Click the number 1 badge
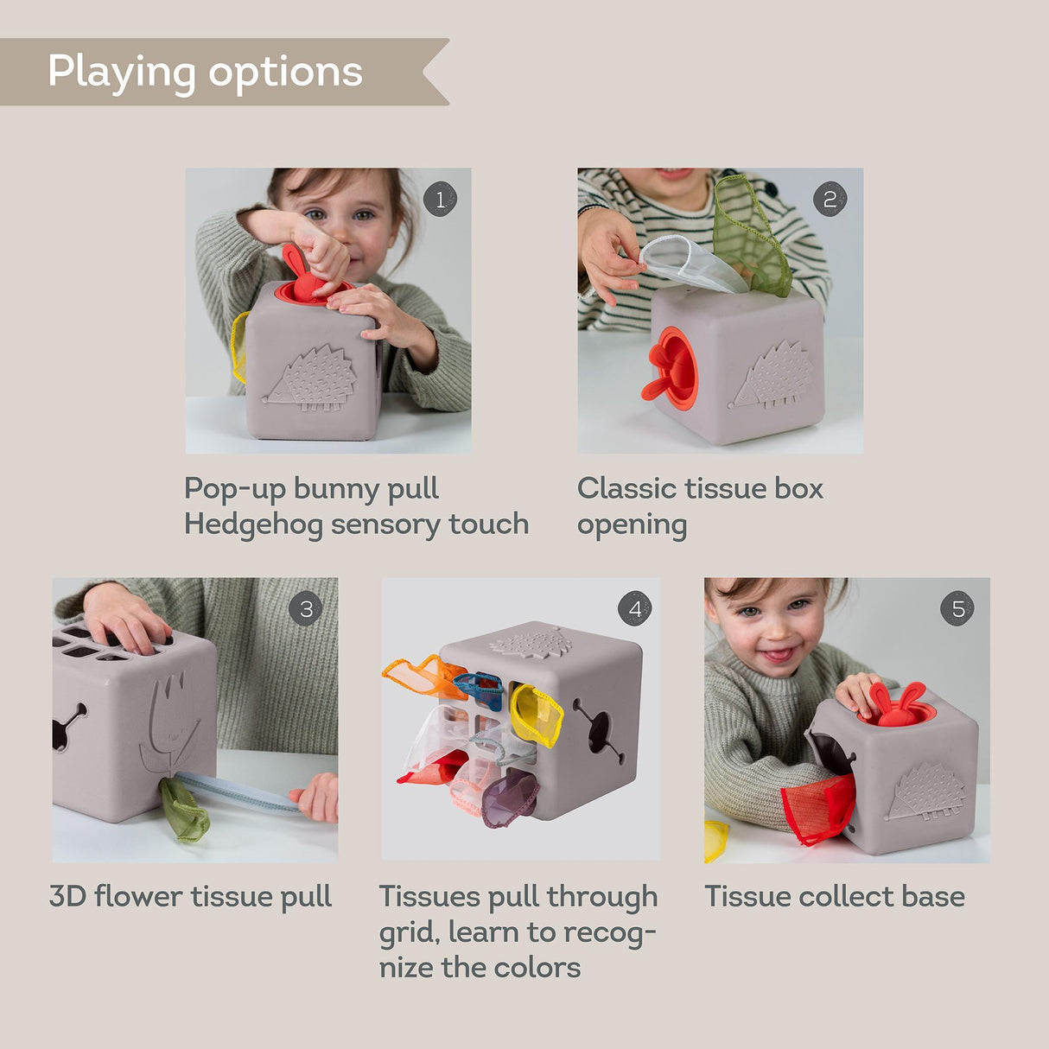(x=440, y=200)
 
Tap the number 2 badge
(x=830, y=200)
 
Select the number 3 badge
(x=306, y=609)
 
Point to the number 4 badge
(x=635, y=609)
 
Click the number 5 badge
(x=957, y=609)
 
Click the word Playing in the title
(x=122, y=73)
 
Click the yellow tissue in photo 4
(x=536, y=715)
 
